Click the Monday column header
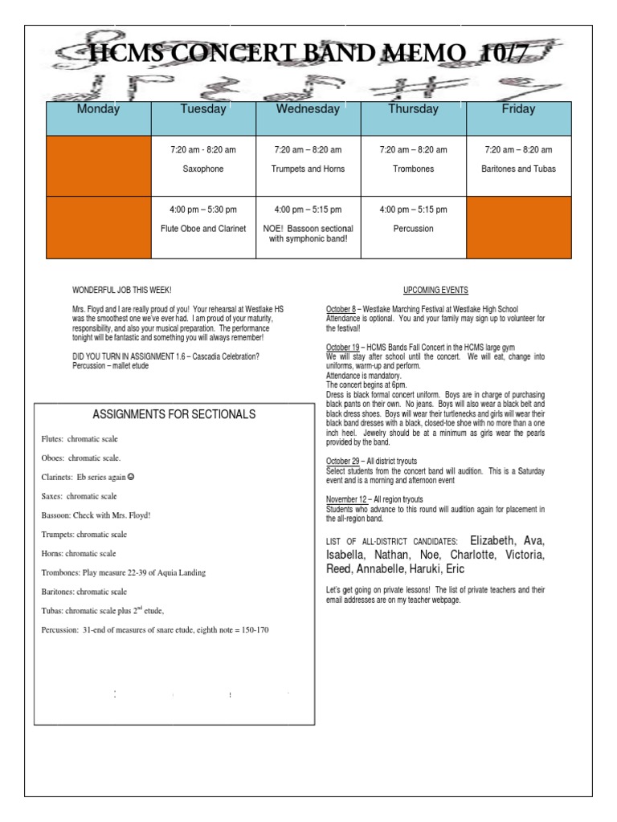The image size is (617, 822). (98, 109)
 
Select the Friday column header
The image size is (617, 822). (518, 109)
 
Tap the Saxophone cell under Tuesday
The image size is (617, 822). (203, 169)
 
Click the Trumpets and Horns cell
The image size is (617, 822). (308, 169)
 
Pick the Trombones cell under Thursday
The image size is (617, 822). (413, 169)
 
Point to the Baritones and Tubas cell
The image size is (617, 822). (518, 169)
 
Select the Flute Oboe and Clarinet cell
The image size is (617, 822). (203, 229)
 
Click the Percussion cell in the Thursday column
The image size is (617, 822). (413, 229)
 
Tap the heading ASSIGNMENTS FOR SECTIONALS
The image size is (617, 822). (174, 414)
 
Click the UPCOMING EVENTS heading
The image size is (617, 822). (435, 290)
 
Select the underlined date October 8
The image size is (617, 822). (341, 309)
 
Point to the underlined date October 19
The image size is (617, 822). (342, 347)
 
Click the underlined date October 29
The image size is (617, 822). (342, 462)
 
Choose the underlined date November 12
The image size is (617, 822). (345, 499)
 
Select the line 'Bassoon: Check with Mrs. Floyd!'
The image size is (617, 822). (96, 515)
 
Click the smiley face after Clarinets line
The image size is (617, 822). (131, 477)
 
